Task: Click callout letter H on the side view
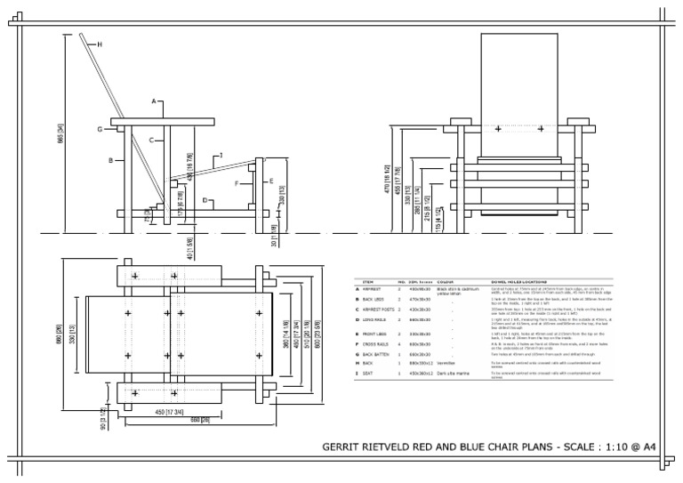point(100,44)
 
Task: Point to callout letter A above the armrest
point(153,102)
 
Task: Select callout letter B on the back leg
point(110,161)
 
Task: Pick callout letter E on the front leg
point(271,181)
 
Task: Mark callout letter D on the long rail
point(205,201)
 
